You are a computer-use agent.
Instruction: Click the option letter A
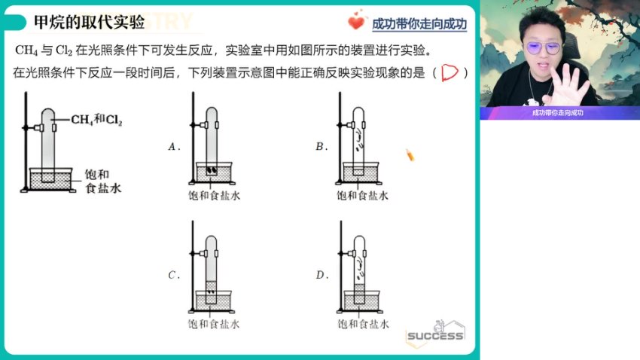(x=173, y=147)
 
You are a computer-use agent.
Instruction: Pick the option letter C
(x=173, y=276)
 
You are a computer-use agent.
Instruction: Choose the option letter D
(x=321, y=276)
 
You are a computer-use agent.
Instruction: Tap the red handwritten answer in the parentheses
(x=450, y=73)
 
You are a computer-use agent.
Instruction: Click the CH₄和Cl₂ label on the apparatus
(x=97, y=119)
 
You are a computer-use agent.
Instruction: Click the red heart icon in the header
(x=356, y=22)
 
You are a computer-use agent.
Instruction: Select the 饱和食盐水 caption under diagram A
(x=214, y=196)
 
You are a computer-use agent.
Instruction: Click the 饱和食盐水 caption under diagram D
(x=363, y=325)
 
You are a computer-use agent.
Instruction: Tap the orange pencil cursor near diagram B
(x=410, y=155)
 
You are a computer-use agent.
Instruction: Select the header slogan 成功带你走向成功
(x=419, y=24)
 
